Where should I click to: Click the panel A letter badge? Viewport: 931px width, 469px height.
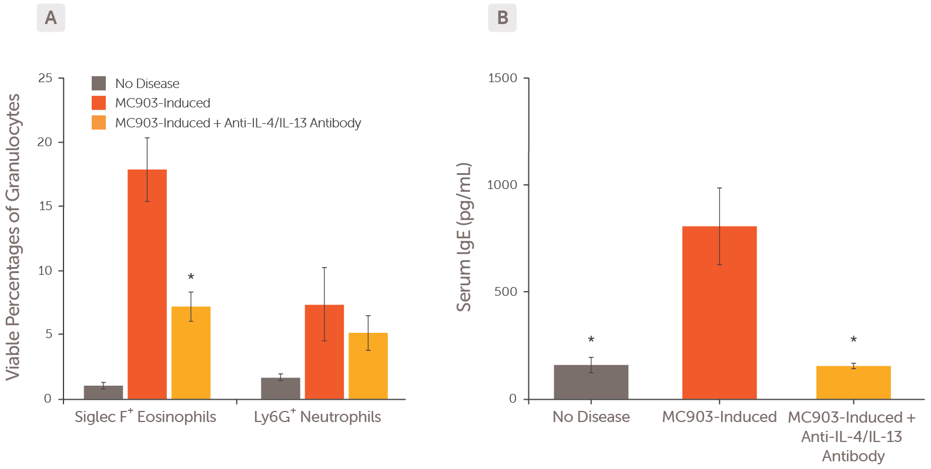click(51, 18)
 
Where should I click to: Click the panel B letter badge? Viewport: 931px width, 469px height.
click(502, 18)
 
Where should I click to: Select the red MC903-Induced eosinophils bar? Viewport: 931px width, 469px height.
click(147, 284)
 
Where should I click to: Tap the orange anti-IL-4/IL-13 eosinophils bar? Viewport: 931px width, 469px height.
click(190, 352)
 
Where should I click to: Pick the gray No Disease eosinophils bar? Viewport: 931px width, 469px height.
click(103, 392)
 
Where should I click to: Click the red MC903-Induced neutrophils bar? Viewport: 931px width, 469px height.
click(324, 352)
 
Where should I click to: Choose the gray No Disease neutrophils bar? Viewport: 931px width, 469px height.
click(280, 388)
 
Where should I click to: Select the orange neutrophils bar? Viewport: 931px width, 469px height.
click(368, 366)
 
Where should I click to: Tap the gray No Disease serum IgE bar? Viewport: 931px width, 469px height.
click(591, 382)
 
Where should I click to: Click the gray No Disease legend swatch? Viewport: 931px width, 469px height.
click(99, 83)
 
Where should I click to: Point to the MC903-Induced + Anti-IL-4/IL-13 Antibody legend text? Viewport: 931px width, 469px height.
click(238, 123)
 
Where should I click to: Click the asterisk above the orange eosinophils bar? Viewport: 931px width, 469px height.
click(190, 277)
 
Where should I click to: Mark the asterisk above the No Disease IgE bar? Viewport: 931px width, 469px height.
click(591, 340)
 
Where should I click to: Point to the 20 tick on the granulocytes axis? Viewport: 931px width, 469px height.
click(45, 142)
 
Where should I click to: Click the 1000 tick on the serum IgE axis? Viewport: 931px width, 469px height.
click(502, 185)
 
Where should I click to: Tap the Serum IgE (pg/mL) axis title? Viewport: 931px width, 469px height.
click(464, 237)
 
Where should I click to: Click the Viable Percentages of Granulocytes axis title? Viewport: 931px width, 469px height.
click(13, 237)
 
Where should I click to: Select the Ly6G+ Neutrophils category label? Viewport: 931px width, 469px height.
click(317, 417)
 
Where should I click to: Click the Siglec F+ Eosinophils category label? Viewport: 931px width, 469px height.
click(145, 417)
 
